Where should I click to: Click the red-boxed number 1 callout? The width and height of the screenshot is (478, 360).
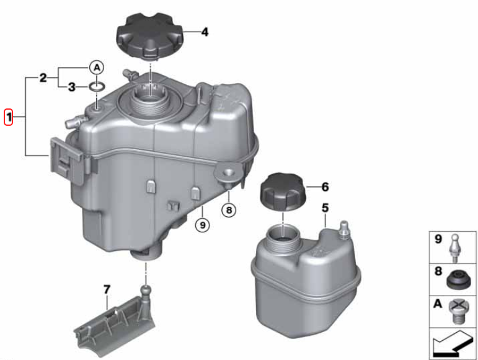click(x=8, y=117)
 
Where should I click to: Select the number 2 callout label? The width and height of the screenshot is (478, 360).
click(x=43, y=78)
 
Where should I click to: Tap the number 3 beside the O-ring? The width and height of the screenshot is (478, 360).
click(x=71, y=87)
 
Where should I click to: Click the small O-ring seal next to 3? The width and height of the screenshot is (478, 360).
click(x=97, y=87)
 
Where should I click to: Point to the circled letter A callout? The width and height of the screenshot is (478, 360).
click(x=97, y=68)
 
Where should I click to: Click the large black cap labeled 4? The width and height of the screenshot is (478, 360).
click(x=149, y=35)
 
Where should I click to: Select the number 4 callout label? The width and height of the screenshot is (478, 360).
click(x=205, y=32)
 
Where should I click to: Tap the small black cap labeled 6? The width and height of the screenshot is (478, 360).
click(x=283, y=191)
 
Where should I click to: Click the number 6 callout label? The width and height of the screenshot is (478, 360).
click(x=325, y=187)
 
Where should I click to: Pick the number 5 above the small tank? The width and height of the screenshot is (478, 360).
click(x=325, y=208)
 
